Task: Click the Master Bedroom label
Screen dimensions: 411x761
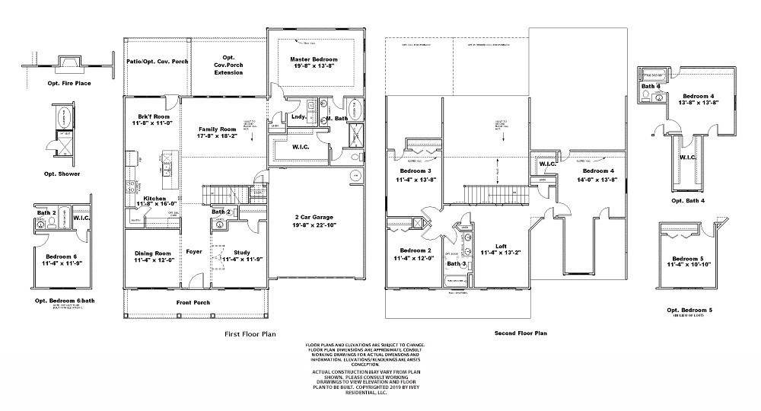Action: click(x=313, y=59)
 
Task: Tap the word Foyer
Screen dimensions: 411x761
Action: click(x=194, y=251)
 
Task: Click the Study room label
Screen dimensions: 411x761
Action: click(x=242, y=252)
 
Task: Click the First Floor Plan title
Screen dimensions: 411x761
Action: click(x=250, y=333)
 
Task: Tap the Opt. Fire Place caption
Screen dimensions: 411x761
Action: click(x=68, y=82)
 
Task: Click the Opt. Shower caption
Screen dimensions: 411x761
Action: click(x=63, y=174)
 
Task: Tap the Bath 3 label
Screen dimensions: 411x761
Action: click(x=457, y=264)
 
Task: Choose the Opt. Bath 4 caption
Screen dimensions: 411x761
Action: click(x=687, y=200)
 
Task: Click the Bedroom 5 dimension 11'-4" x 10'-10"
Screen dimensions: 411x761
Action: click(x=689, y=264)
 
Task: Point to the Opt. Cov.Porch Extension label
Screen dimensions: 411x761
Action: click(x=228, y=65)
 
